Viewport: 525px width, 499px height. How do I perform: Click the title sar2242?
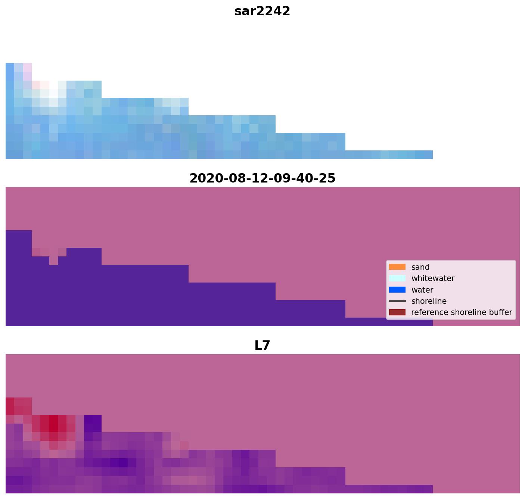coord(262,11)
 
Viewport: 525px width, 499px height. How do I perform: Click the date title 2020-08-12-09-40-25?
coord(262,178)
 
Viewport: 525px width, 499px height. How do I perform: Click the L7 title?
coord(262,346)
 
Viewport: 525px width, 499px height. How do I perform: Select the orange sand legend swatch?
coord(397,267)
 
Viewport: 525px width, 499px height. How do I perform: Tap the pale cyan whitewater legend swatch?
coord(397,278)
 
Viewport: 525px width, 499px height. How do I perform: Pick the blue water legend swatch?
coord(397,290)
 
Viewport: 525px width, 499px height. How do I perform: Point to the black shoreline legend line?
coord(397,301)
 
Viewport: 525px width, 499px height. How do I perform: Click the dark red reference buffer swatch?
coord(397,312)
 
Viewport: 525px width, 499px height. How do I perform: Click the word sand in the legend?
coord(420,267)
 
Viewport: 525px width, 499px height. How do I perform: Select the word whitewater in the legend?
coord(433,278)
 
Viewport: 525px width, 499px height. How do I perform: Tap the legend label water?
coord(422,290)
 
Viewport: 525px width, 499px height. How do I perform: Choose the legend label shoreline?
coord(429,301)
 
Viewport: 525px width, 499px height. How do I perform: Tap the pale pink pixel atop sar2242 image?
coord(27,67)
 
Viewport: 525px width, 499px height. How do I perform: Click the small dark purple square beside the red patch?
coord(93,424)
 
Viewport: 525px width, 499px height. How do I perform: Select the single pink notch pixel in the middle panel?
coord(53,261)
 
